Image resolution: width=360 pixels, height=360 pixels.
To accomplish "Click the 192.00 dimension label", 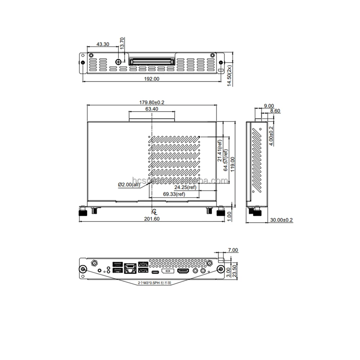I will point(151,79).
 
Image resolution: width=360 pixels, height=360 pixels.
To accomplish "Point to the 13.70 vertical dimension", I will point(122,44).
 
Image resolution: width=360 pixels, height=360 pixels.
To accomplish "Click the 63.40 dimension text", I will point(152,109).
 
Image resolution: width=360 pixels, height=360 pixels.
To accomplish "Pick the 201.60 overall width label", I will point(152,219).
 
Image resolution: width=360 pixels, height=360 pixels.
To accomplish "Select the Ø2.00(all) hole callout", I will point(129,185).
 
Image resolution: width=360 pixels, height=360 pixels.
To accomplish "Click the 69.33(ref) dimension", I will point(174,194).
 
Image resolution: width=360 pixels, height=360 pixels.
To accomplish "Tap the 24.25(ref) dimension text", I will point(185,188).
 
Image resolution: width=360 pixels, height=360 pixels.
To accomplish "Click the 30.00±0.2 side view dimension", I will point(282,220).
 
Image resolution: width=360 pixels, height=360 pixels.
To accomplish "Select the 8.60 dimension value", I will point(275,111).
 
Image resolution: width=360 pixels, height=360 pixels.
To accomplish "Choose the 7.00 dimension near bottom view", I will point(233,250).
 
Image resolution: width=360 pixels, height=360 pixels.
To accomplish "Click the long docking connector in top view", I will point(152,62).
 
